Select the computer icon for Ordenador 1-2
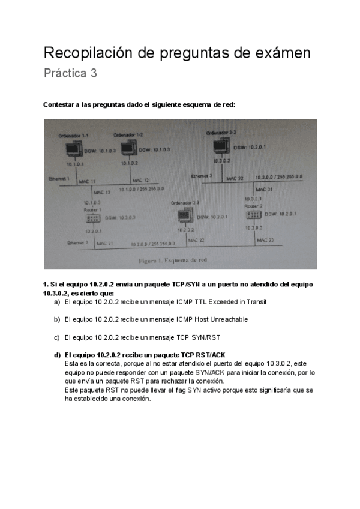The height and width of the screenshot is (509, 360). [x=129, y=148]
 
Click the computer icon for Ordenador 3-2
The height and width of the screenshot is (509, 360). [x=220, y=146]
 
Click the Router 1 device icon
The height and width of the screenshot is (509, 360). [x=95, y=218]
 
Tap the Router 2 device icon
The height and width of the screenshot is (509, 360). [x=253, y=214]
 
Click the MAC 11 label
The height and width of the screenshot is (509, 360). [x=88, y=180]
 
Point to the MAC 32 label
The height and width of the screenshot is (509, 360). [x=235, y=178]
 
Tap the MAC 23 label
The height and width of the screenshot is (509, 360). [x=266, y=239]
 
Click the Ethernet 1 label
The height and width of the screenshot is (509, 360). [x=59, y=179]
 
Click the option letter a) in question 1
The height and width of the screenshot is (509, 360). [x=57, y=302]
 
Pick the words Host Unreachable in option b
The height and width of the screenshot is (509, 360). [x=222, y=319]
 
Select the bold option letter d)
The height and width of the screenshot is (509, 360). [x=57, y=355]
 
